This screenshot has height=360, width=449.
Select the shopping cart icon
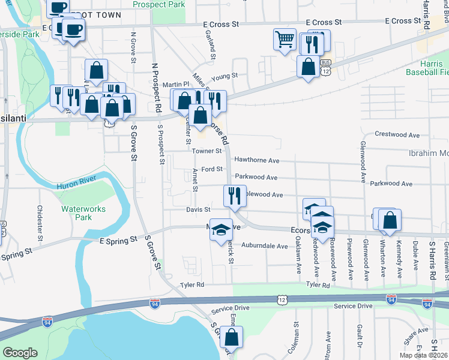(x=285, y=40)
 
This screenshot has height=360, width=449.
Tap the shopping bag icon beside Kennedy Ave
(x=390, y=220)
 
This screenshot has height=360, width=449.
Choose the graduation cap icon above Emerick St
(x=221, y=229)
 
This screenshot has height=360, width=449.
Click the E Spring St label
(x=117, y=240)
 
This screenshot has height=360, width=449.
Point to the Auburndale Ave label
(x=265, y=246)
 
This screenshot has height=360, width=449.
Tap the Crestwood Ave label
(x=396, y=134)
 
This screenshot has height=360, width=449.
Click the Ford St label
(x=212, y=169)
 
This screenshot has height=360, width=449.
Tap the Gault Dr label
(x=358, y=336)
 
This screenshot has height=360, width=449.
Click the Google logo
(x=20, y=353)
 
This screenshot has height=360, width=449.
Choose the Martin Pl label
(x=176, y=85)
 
